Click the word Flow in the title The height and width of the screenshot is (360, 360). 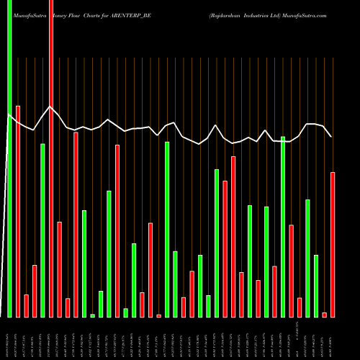tap(74, 14)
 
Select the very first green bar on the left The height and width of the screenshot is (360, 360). tap(9, 158)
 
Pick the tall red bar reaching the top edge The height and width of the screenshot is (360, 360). tap(51, 158)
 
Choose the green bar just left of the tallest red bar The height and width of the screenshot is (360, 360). tap(42, 230)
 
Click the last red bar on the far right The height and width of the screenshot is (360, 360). tap(333, 245)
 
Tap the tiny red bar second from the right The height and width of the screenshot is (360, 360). tap(325, 315)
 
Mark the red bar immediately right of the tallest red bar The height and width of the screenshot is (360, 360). tap(59, 269)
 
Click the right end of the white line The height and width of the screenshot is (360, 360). tap(331, 136)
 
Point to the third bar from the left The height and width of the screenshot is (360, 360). tap(26, 306)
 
